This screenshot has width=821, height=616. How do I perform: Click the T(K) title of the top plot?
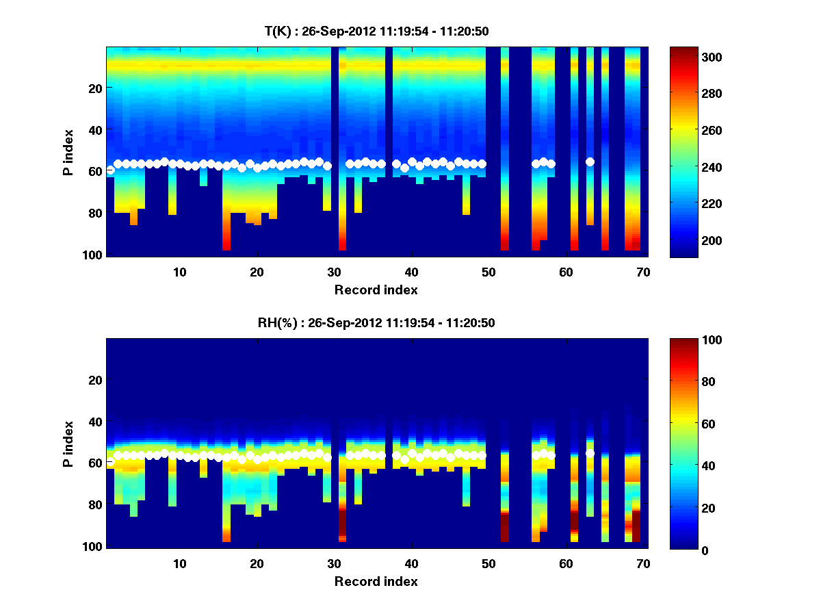pyautogui.click(x=376, y=31)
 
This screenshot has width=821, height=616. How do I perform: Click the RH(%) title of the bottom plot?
pyautogui.click(x=376, y=322)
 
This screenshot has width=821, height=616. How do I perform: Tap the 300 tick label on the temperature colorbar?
pyautogui.click(x=688, y=57)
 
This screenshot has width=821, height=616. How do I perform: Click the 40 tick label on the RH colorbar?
pyautogui.click(x=685, y=466)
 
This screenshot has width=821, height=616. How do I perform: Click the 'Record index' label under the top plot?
pyautogui.click(x=376, y=290)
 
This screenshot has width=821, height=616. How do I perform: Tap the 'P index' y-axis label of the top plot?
pyautogui.click(x=68, y=152)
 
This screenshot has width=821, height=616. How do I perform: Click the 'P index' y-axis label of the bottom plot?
pyautogui.click(x=68, y=444)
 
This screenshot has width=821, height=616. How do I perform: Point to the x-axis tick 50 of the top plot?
pyautogui.click(x=488, y=272)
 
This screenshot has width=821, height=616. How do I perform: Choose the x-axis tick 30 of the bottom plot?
pyautogui.click(x=334, y=563)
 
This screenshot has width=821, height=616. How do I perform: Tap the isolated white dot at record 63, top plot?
pyautogui.click(x=590, y=162)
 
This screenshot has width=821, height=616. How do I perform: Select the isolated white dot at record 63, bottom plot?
pyautogui.click(x=590, y=453)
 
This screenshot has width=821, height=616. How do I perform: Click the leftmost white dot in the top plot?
pyautogui.click(x=110, y=170)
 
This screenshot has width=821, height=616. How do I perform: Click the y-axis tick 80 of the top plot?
pyautogui.click(x=95, y=213)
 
